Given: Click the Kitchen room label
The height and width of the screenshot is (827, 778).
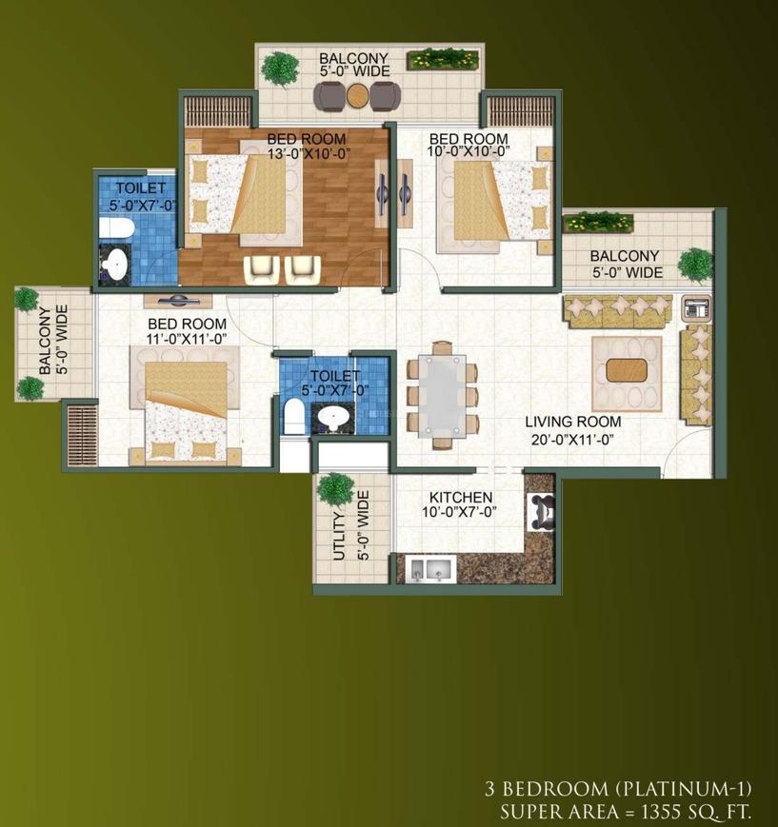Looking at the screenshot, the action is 461,497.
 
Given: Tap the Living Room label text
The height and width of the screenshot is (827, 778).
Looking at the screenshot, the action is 572,422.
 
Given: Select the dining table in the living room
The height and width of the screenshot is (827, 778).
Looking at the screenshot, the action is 442,396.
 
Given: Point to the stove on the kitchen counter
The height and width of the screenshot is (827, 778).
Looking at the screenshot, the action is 541,511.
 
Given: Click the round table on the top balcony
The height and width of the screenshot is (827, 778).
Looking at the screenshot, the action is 358,95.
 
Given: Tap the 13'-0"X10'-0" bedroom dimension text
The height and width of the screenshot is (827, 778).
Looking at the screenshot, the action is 309,152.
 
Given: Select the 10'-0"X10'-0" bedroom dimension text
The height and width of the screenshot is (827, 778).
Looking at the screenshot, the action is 469,151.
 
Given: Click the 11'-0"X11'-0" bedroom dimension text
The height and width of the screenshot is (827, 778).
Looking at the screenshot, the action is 187,339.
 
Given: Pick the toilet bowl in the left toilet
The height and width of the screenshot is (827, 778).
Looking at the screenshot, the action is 116,228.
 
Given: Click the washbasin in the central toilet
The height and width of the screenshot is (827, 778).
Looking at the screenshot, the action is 333,418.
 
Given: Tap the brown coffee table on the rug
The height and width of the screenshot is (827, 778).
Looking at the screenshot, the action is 627,370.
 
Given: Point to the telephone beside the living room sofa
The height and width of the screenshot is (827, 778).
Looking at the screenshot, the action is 696,307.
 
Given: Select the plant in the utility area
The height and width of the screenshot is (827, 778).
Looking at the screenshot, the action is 335,490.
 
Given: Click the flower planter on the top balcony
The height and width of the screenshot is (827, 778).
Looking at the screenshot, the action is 443,59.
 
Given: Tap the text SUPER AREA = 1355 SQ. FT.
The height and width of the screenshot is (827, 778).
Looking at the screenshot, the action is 626,811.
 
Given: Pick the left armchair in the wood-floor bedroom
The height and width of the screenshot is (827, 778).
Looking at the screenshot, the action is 262,269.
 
